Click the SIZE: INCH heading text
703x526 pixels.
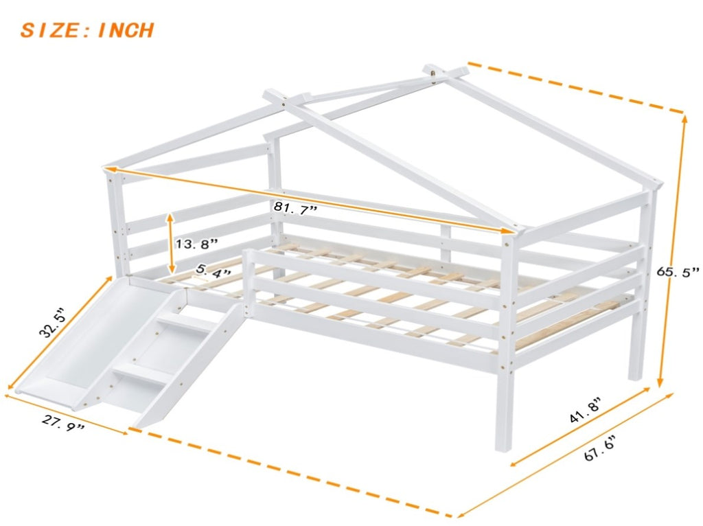(x=87, y=30)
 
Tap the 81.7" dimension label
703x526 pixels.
(x=295, y=207)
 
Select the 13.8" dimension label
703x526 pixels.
(x=196, y=244)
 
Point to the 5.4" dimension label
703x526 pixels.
(x=214, y=271)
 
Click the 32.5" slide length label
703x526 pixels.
(x=53, y=322)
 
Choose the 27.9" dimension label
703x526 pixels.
(x=63, y=423)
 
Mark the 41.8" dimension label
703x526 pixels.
(x=585, y=410)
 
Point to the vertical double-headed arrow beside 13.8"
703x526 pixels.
(x=170, y=244)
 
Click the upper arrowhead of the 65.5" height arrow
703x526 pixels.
(x=684, y=119)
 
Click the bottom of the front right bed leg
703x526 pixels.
(x=504, y=448)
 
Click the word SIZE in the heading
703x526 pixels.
(x=49, y=30)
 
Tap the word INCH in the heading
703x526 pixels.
(x=126, y=30)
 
